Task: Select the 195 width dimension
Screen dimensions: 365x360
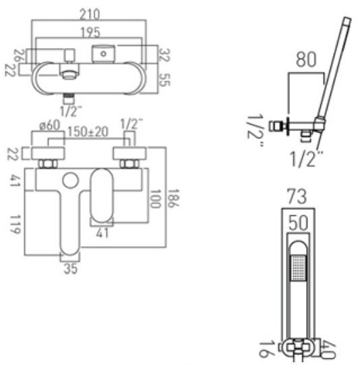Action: click(88, 32)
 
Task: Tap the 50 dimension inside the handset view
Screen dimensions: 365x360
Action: click(296, 223)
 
